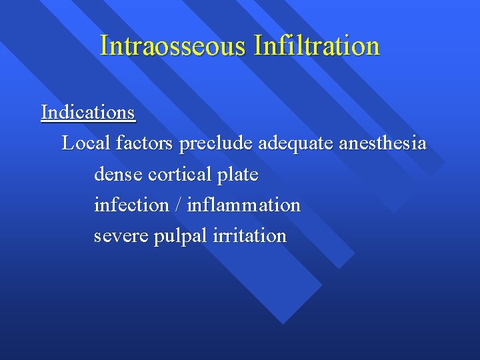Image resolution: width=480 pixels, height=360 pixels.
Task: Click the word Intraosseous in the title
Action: [172, 45]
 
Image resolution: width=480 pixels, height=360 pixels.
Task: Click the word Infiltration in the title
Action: [317, 45]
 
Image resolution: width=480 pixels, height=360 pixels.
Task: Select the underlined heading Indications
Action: [88, 112]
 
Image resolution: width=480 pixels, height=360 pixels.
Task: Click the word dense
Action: [118, 174]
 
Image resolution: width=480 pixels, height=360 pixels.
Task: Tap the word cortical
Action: [180, 174]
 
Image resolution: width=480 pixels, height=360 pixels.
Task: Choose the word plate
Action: [238, 175]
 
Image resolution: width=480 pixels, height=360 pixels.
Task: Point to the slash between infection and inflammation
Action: [178, 205]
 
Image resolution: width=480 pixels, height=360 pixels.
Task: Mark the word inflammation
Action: [244, 205]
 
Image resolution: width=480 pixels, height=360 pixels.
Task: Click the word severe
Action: [121, 236]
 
